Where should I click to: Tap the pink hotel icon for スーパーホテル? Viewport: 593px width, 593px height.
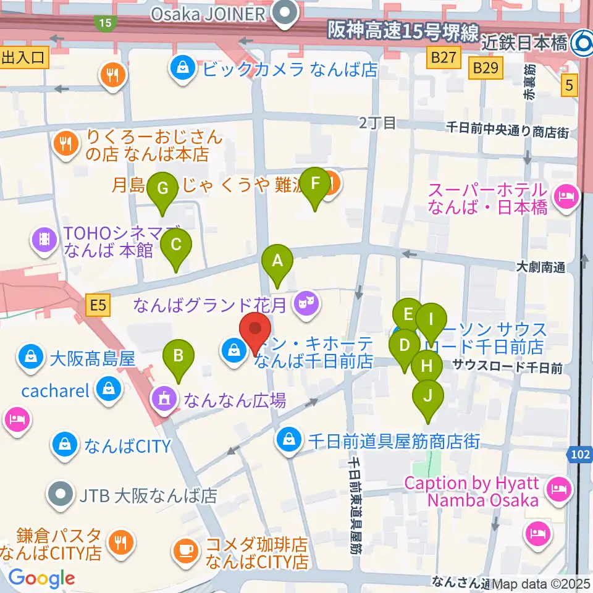[566, 198]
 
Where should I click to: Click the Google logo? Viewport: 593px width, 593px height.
[41, 578]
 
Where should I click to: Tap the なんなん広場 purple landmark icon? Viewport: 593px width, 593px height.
[164, 398]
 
